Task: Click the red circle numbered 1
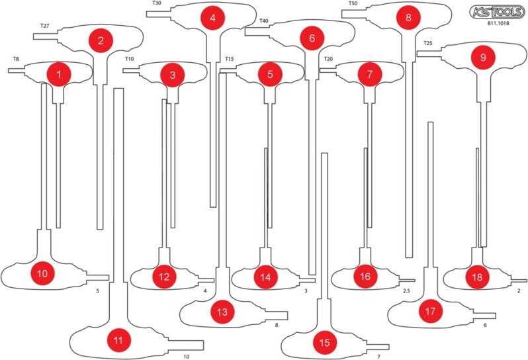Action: tap(59, 74)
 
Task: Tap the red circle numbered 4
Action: tap(212, 17)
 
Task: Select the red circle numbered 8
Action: tap(408, 17)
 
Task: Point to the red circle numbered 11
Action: tap(118, 340)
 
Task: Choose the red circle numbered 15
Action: tap(324, 343)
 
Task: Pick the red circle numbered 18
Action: tap(477, 277)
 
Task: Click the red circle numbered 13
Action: tap(222, 312)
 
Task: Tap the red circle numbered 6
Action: tap(312, 38)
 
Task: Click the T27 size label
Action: tap(45, 26)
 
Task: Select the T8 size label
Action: tap(16, 59)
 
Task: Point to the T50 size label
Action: tap(353, 4)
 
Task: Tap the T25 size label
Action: tap(428, 43)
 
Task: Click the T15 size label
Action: tap(230, 59)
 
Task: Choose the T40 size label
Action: tap(263, 21)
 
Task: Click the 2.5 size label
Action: tap(406, 291)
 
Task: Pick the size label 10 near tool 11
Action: tap(186, 357)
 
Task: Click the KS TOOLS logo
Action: tap(497, 12)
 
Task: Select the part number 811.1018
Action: tap(498, 24)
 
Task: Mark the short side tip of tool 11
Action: tap(203, 345)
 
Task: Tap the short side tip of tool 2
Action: tap(33, 36)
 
